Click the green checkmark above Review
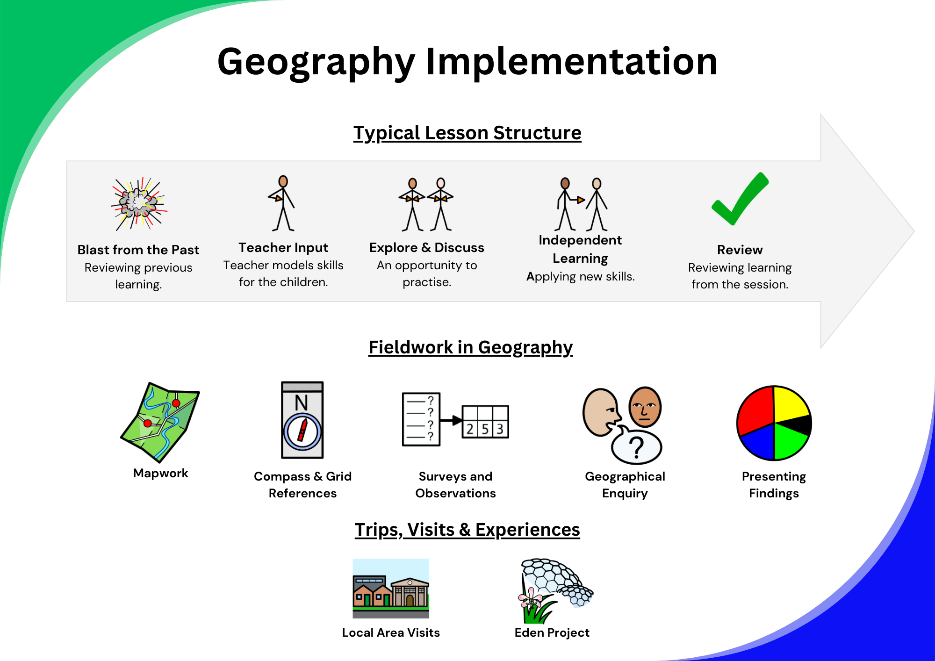(740, 199)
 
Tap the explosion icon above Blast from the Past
(139, 204)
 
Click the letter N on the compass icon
(302, 402)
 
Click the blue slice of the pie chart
(757, 442)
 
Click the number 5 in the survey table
(485, 429)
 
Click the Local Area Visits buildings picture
(391, 589)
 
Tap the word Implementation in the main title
(571, 62)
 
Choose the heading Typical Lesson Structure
(467, 133)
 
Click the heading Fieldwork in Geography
(470, 348)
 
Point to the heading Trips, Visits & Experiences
(467, 530)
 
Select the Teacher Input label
(283, 248)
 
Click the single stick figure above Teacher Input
(282, 203)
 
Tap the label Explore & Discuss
(427, 248)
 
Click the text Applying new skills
(581, 277)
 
